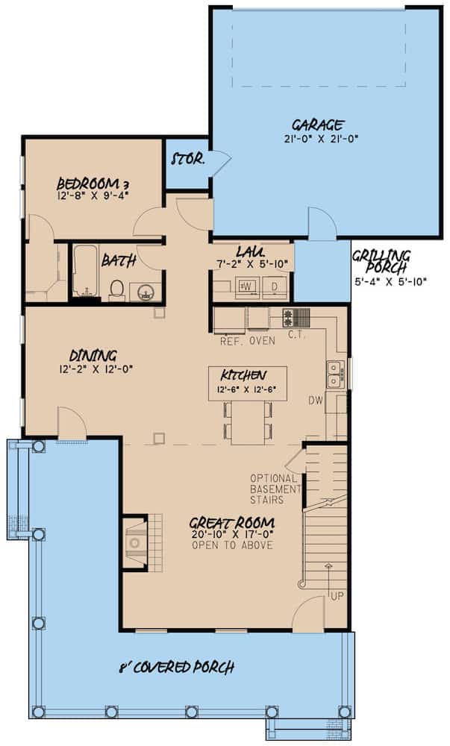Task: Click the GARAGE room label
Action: pyautogui.click(x=316, y=125)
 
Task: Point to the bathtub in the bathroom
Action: pyautogui.click(x=84, y=272)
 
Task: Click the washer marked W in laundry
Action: pyautogui.click(x=246, y=286)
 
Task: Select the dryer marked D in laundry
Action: pyautogui.click(x=274, y=286)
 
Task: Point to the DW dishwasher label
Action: pyautogui.click(x=316, y=401)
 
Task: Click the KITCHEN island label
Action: pyautogui.click(x=243, y=374)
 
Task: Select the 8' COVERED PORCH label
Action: pyautogui.click(x=178, y=667)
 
